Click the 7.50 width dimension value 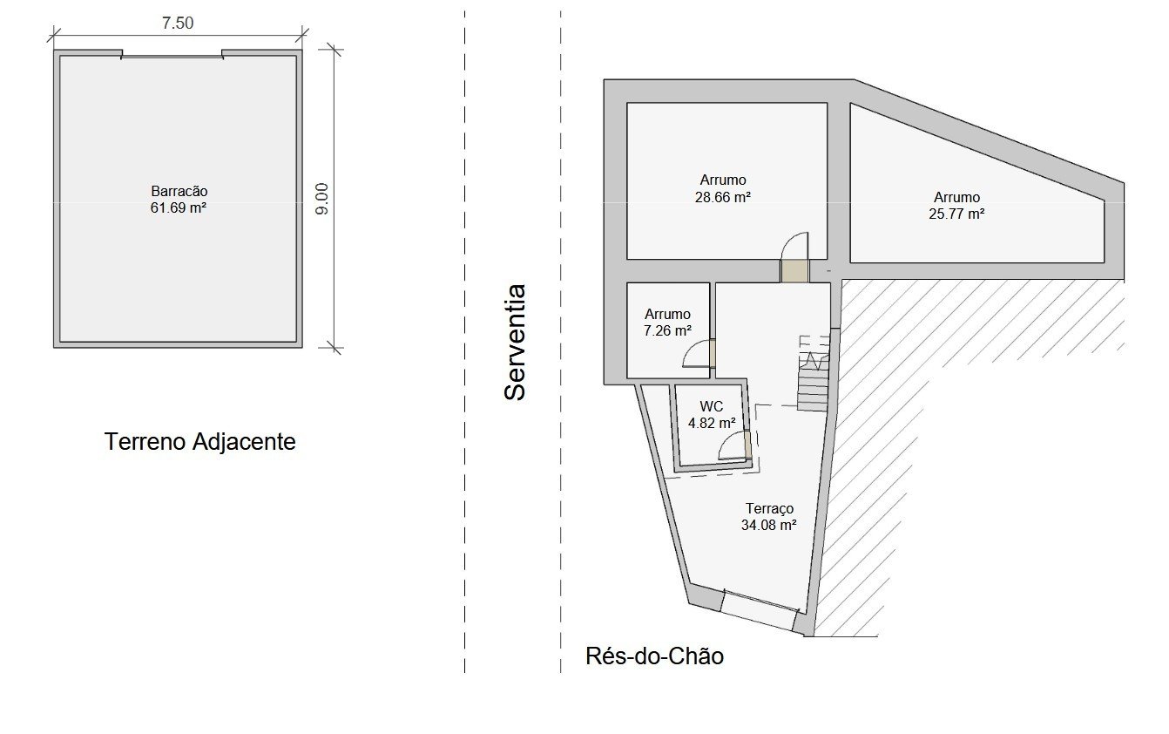[178, 23]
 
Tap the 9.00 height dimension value [322, 199]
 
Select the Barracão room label [179, 191]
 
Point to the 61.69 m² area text [179, 208]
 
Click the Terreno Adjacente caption [199, 441]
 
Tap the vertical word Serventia [515, 343]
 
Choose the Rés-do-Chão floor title [654, 656]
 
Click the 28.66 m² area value [723, 198]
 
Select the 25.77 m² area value [956, 214]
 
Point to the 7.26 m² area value [667, 330]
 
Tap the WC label [712, 406]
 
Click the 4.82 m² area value [712, 423]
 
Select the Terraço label [769, 508]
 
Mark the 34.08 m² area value [768, 525]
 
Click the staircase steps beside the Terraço [813, 384]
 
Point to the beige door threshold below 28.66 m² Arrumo [794, 271]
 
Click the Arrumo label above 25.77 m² [956, 198]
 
